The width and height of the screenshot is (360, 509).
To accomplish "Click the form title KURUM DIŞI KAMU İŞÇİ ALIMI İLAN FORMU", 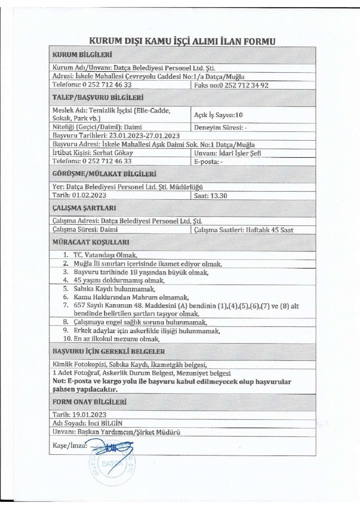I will (182, 41).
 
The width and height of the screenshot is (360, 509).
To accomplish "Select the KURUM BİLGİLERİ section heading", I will (82, 55).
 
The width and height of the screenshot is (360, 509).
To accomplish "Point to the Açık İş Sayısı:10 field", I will (218, 115).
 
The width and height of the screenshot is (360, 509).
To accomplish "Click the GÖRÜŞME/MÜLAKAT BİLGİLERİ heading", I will (104, 174).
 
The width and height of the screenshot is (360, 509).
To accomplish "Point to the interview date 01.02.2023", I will (89, 195).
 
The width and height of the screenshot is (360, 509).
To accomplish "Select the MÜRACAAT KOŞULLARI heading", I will (91, 242).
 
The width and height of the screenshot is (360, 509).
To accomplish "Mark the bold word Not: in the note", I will (59, 382).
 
